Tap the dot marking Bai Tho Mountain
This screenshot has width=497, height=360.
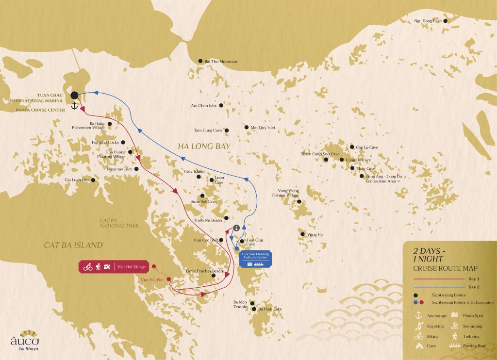200,61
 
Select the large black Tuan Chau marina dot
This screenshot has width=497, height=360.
74,95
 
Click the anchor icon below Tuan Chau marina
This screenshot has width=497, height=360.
74,106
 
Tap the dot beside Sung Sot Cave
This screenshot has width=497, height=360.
202,196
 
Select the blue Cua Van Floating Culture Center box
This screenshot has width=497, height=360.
255,259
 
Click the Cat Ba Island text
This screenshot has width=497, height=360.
73,245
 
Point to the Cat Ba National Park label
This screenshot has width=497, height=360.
119,223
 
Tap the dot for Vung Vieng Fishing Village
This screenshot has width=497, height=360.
299,202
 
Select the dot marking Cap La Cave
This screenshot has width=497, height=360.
352,147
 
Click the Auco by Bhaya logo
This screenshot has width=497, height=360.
25,342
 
